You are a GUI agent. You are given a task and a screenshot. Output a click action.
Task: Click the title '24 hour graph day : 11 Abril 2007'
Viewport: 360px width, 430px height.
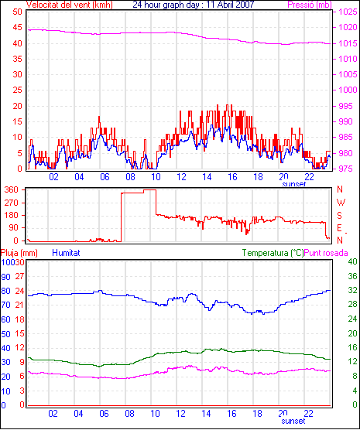tap(194, 5)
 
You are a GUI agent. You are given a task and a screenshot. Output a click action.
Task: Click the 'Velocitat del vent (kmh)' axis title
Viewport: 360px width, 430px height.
tap(70, 5)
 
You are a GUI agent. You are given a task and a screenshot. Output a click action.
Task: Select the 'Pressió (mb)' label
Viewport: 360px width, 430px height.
tap(310, 5)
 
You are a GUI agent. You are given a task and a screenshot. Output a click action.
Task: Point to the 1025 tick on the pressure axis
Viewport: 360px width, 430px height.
tap(348, 12)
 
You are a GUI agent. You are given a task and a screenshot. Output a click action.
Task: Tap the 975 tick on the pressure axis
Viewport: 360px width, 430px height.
tap(348, 169)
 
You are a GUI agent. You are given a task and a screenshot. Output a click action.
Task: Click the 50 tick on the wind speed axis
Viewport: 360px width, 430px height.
tap(17, 12)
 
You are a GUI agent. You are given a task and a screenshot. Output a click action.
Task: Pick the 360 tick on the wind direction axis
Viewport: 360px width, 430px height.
tap(12, 189)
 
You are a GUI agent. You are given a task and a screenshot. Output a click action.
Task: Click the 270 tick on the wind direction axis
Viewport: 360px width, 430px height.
tap(12, 203)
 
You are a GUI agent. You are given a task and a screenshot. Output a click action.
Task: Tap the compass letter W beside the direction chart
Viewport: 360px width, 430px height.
tap(341, 203)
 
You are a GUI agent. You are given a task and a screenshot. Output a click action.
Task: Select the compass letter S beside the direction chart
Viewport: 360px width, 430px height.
tap(340, 216)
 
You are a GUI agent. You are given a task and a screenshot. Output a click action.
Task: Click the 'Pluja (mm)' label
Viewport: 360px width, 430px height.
tap(19, 253)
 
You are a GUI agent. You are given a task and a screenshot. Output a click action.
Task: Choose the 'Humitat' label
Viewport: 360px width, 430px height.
tap(66, 253)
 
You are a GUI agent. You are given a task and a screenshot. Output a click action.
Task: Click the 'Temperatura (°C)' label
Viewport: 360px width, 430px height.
tap(273, 253)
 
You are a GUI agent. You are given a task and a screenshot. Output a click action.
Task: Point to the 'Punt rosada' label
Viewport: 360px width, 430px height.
tap(326, 253)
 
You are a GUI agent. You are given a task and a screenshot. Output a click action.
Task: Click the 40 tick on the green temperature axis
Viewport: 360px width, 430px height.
tap(352, 261)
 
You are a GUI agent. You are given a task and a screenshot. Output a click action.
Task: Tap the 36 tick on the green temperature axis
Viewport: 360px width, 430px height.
tap(352, 276)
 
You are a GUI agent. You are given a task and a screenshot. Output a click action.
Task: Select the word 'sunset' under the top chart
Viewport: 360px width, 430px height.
tap(294, 184)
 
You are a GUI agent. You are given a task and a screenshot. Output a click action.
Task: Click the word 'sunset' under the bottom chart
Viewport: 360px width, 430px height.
tap(293, 421)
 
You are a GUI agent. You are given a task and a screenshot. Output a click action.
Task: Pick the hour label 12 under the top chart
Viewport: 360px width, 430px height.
tap(181, 177)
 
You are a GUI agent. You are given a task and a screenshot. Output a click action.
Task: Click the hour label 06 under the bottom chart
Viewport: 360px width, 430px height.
tap(104, 413)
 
